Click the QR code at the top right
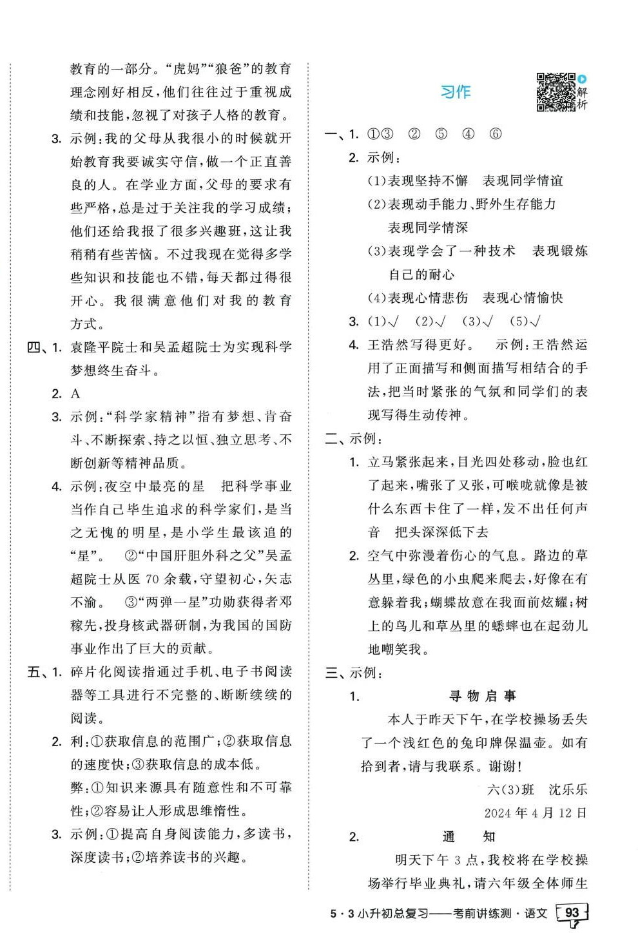pyautogui.click(x=556, y=92)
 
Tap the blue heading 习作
pyautogui.click(x=455, y=92)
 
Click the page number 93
pyautogui.click(x=571, y=913)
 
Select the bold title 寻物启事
pyautogui.click(x=483, y=696)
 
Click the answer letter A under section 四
pyautogui.click(x=75, y=394)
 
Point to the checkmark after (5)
pyautogui.click(x=533, y=322)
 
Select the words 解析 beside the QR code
pyautogui.click(x=582, y=98)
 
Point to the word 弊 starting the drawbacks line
pyautogui.click(x=76, y=787)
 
